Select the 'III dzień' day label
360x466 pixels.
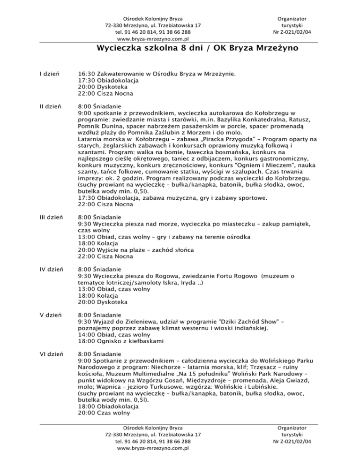point(51,218)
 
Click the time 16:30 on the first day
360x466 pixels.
point(86,74)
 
